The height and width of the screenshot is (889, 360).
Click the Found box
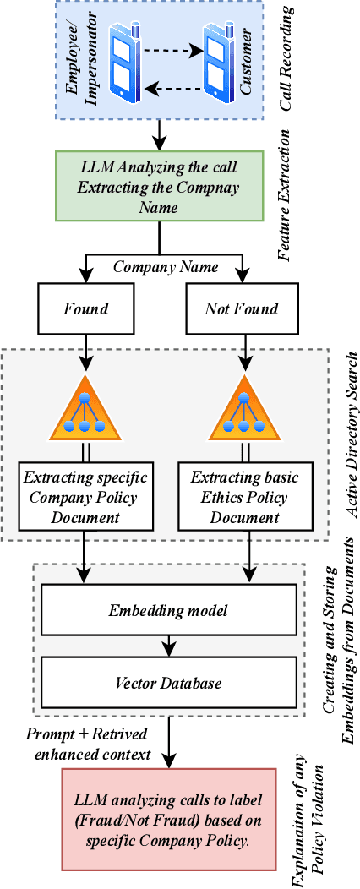85,308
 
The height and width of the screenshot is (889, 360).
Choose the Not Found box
241,308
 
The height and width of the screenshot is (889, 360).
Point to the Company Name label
166,267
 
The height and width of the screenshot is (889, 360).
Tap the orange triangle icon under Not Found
245,404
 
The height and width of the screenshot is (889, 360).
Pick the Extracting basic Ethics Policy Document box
244,494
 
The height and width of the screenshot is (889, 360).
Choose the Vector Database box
170,683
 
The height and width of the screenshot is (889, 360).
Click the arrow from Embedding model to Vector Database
170,645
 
